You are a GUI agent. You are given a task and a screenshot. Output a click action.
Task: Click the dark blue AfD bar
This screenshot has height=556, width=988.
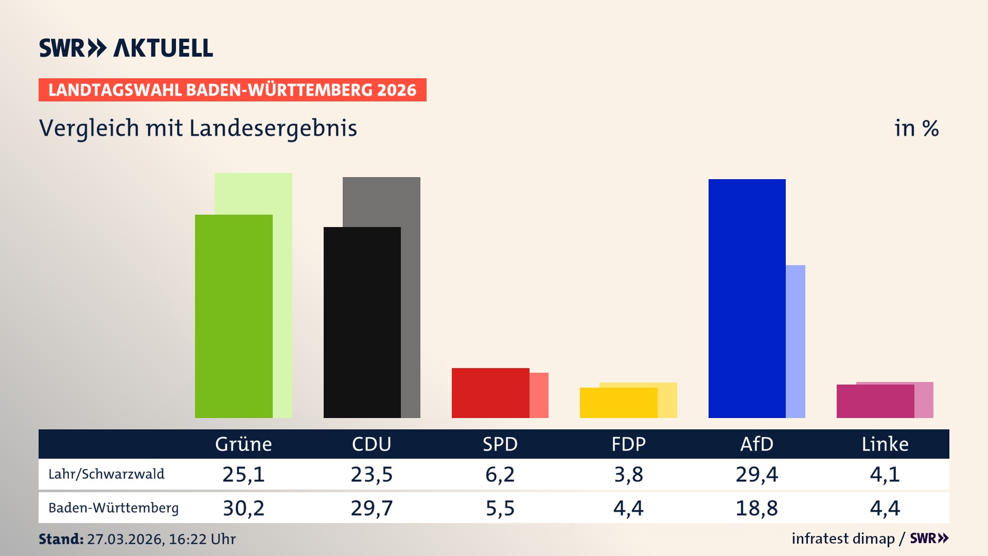pyautogui.click(x=747, y=299)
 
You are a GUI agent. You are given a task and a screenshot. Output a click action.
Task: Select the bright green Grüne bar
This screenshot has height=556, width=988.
pyautogui.click(x=234, y=316)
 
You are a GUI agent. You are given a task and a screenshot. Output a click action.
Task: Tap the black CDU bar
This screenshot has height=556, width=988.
pyautogui.click(x=362, y=322)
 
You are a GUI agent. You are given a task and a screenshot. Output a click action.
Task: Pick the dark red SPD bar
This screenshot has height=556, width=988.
pyautogui.click(x=490, y=393)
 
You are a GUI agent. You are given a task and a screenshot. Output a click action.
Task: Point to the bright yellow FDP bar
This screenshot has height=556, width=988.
pyautogui.click(x=618, y=403)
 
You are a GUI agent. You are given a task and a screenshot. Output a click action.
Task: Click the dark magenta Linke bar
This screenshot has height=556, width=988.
pyautogui.click(x=875, y=401)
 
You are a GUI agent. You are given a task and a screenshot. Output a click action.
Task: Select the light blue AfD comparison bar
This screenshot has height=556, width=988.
pyautogui.click(x=796, y=341)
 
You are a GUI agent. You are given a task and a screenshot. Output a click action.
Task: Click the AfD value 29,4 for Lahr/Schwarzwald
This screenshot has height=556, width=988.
pyautogui.click(x=756, y=474)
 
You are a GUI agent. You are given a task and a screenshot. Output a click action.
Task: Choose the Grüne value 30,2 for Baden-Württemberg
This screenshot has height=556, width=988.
pyautogui.click(x=243, y=508)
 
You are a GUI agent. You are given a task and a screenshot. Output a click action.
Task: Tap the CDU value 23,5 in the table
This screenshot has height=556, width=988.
pyautogui.click(x=372, y=474)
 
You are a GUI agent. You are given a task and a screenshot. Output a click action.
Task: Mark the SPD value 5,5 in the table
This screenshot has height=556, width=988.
pyautogui.click(x=500, y=508)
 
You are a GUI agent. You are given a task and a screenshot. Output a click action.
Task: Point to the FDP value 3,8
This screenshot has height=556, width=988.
pyautogui.click(x=628, y=474)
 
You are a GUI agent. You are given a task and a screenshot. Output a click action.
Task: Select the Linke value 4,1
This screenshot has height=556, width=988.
pyautogui.click(x=885, y=474)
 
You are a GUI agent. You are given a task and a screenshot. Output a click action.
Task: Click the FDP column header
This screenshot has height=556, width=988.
pyautogui.click(x=628, y=444)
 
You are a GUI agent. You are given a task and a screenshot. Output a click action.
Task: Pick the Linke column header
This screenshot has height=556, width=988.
pyautogui.click(x=885, y=444)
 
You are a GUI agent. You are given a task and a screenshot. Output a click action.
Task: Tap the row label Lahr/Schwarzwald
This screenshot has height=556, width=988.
pyautogui.click(x=107, y=474)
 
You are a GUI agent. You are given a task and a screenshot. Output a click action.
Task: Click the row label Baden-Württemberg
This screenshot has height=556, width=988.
pyautogui.click(x=113, y=508)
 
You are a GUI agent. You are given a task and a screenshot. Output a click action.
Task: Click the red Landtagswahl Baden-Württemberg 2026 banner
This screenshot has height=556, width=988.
pyautogui.click(x=232, y=90)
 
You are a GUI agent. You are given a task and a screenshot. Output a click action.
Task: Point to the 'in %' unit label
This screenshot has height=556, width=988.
pyautogui.click(x=916, y=129)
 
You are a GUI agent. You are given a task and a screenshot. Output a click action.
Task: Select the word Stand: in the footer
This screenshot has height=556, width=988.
pyautogui.click(x=61, y=539)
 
